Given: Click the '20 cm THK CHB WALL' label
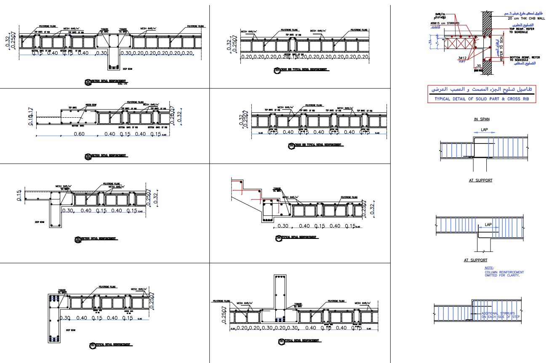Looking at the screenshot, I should (x=524, y=19).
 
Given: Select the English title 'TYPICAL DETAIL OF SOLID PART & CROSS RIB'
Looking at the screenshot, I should (x=482, y=99).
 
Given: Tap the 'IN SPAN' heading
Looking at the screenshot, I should (x=482, y=119).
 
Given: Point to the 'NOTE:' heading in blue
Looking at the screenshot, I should (x=489, y=268).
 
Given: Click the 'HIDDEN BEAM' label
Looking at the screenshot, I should (x=91, y=104).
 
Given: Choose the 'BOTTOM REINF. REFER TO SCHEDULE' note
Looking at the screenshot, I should (x=524, y=58).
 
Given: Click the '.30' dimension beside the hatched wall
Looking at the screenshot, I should (x=477, y=66).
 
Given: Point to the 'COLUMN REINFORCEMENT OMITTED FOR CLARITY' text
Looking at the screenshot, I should (x=504, y=273).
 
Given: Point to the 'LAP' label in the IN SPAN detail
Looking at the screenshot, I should (x=484, y=130).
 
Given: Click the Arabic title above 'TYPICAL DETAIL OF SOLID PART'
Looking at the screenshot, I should (x=482, y=90).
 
